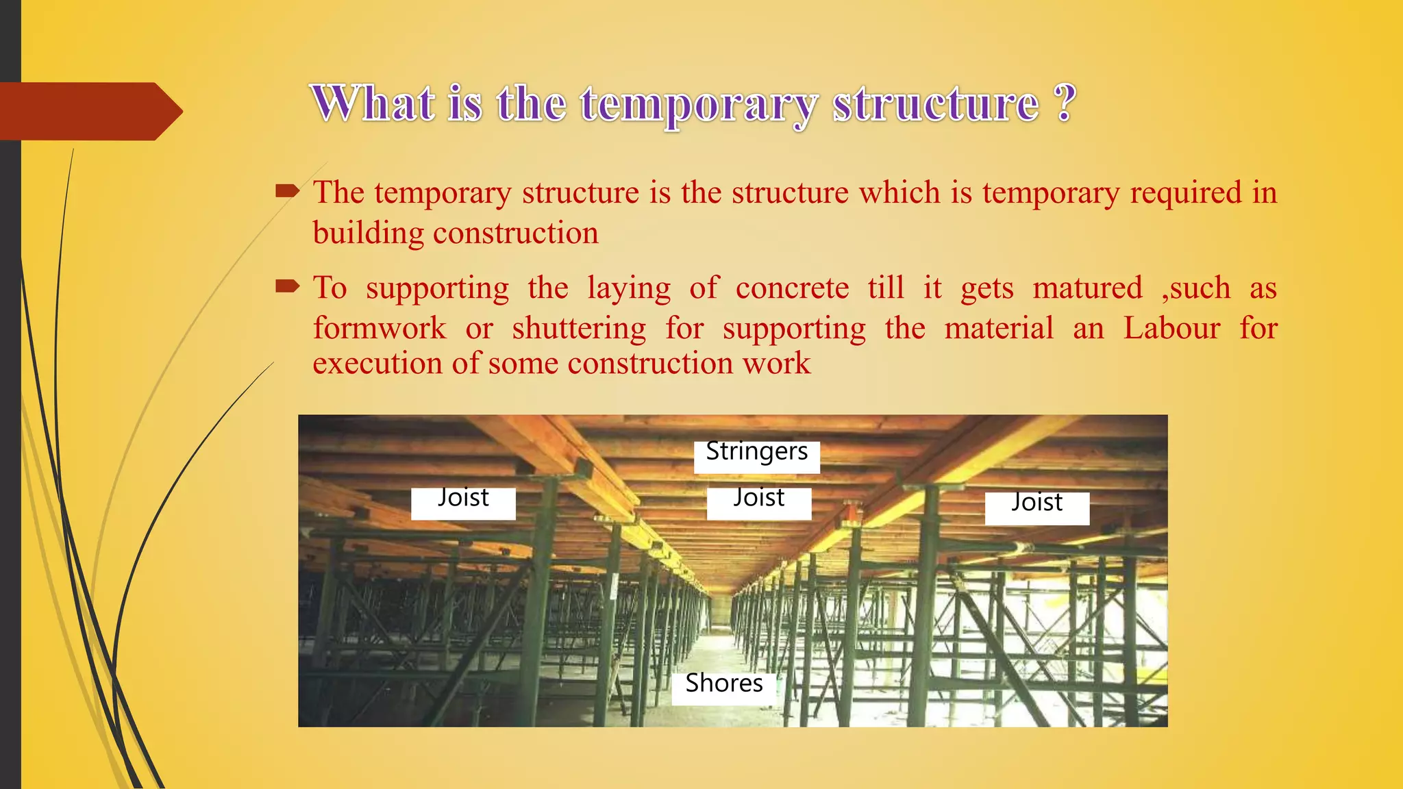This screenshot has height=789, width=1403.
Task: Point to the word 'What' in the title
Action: coord(373,104)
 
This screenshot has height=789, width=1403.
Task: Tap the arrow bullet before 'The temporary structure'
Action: coord(288,191)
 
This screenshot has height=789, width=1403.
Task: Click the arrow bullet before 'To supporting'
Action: coord(288,286)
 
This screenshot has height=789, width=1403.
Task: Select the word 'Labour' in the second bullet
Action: coord(1171,328)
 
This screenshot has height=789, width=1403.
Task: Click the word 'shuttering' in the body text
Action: coord(579,329)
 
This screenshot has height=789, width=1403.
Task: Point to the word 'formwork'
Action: coord(380,328)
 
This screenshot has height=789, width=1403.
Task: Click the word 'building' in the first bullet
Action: coord(369,234)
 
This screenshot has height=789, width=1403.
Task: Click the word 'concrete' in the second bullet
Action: coord(792,288)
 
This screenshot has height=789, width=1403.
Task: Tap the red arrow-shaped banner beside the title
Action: coord(89,111)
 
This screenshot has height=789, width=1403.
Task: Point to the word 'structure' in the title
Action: coord(936,104)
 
